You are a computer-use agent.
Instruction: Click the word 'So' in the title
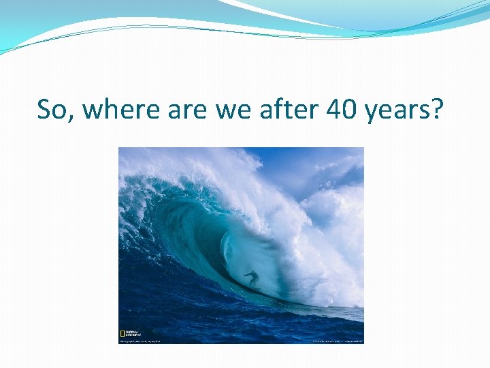point(52,109)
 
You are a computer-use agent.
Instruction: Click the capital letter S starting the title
point(45,109)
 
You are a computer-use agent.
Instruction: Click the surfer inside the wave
point(251,278)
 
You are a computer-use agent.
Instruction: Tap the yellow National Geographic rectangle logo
point(122,335)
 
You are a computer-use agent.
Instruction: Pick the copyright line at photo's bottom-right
point(337,341)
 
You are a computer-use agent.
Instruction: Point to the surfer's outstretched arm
point(257,274)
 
